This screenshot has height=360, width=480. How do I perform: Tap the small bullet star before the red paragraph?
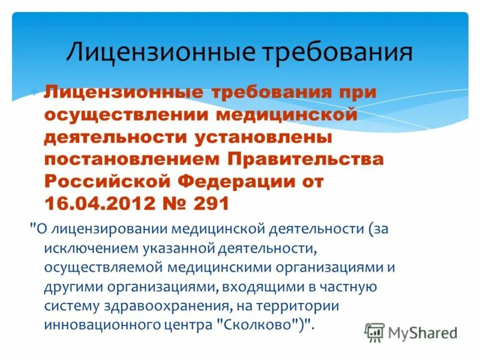click(35, 94)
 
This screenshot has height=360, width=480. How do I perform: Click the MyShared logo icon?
click(374, 332)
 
